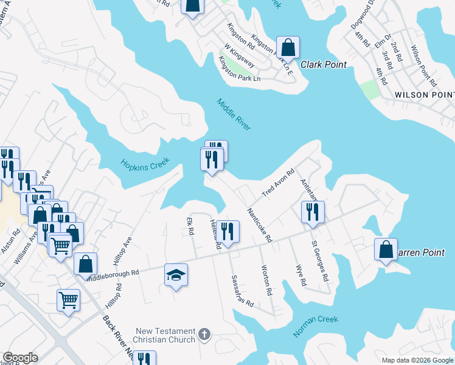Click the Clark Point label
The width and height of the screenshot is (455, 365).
(323, 64)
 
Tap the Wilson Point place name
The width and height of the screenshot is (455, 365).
(424, 95)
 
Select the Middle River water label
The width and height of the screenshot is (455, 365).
(234, 114)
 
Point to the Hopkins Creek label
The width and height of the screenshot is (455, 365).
(144, 165)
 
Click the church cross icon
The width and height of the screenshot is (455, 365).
(204, 334)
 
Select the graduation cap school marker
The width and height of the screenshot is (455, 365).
(176, 276)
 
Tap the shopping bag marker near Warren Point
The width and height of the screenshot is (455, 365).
(386, 249)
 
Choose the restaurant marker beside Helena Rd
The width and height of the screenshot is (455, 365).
(228, 231)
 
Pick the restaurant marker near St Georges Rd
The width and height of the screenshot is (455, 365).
(313, 212)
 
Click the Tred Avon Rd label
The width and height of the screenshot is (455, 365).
(278, 182)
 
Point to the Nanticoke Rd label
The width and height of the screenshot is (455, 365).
(259, 224)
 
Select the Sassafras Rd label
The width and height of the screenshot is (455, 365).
(241, 290)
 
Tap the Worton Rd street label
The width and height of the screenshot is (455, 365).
(266, 280)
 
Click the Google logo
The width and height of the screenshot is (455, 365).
(20, 358)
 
